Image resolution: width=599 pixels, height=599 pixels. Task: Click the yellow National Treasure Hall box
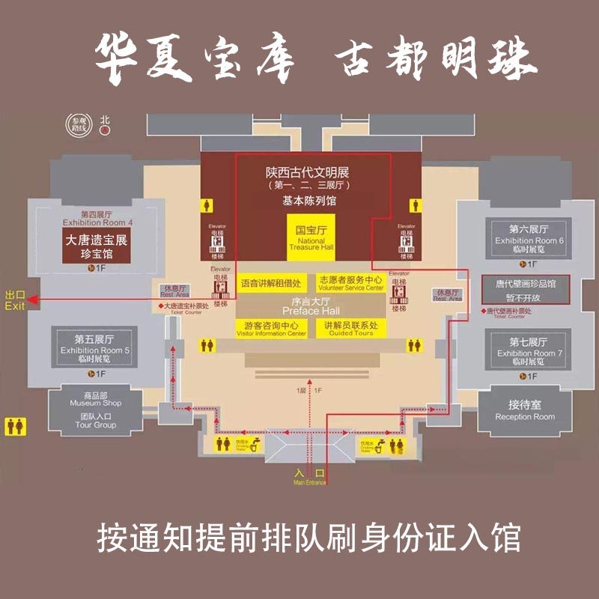pyautogui.click(x=311, y=237)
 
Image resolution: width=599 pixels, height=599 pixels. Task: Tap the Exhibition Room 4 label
pyautogui.click(x=97, y=222)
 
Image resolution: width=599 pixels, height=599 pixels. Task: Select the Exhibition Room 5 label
pyautogui.click(x=95, y=350)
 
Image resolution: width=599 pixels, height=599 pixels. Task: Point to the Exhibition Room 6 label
pyautogui.click(x=529, y=240)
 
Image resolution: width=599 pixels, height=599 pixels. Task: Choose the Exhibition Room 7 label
pyautogui.click(x=529, y=352)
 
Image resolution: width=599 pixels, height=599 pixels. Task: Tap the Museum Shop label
pyautogui.click(x=95, y=403)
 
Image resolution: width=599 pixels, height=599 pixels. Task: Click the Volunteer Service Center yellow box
pyautogui.click(x=350, y=283)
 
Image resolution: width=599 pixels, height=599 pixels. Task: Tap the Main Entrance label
pyautogui.click(x=309, y=476)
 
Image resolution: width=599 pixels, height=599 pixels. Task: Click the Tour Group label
pyautogui.click(x=95, y=421)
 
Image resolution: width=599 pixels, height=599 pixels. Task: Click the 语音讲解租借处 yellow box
pyautogui.click(x=271, y=284)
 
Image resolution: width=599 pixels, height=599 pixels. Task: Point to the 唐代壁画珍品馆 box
pyautogui.click(x=525, y=289)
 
